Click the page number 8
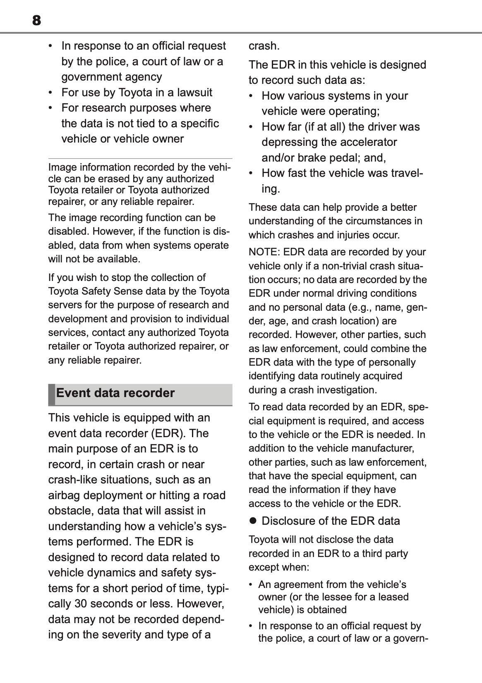click(36, 20)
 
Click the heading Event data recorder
click(115, 393)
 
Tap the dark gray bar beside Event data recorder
click(51, 394)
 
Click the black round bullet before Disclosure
click(253, 521)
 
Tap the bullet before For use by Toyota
click(50, 92)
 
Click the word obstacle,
click(71, 511)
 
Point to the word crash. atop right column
click(264, 45)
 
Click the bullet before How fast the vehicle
click(251, 173)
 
